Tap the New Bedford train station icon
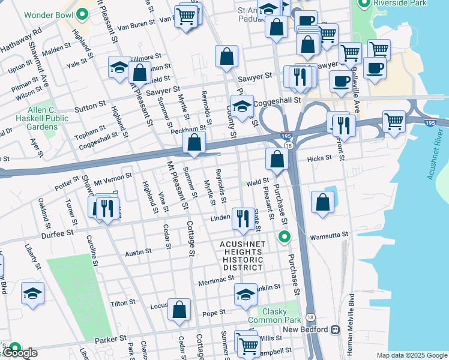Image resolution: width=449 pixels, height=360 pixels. pos(335,329)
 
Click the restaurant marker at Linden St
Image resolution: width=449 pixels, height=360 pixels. pos(243,218)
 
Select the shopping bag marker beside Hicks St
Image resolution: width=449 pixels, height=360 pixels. pos(277,159)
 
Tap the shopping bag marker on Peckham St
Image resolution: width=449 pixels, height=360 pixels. pos(194,143)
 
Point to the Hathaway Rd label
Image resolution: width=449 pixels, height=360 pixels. pos(21,38)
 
